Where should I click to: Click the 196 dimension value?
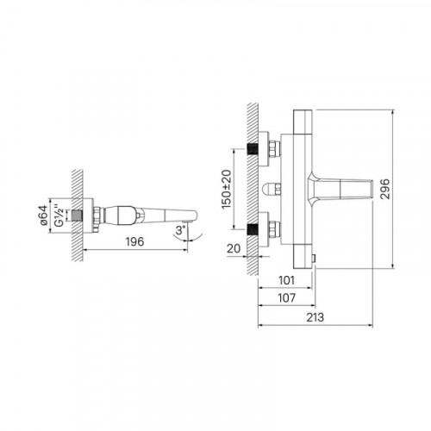[x=134, y=241]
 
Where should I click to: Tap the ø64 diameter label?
[x=43, y=215]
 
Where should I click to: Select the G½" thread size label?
[x=59, y=215]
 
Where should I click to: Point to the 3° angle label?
[x=181, y=230]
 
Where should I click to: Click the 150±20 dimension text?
[x=227, y=190]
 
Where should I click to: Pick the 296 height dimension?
[x=384, y=189]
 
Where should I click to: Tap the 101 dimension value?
[x=287, y=280]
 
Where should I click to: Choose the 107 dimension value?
[x=287, y=298]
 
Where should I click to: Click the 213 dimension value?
[x=315, y=317]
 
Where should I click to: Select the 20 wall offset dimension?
[x=234, y=248]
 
